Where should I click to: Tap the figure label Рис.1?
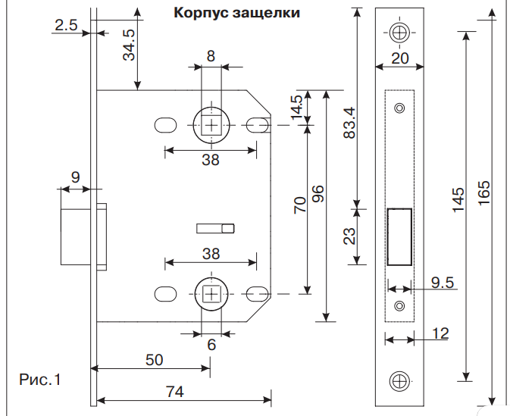pos(39,378)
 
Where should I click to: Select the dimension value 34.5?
pos(130,45)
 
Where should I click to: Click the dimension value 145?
pos(458,201)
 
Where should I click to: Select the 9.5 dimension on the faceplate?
pos(443,283)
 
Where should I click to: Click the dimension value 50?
pos(154,360)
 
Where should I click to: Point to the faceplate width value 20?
pos(399,58)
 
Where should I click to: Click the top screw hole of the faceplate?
pos(399,33)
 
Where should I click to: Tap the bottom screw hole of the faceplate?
pos(399,382)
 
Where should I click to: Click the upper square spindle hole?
pos(211,124)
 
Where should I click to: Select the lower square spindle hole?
pos(211,292)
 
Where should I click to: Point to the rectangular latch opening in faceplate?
pos(399,237)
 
